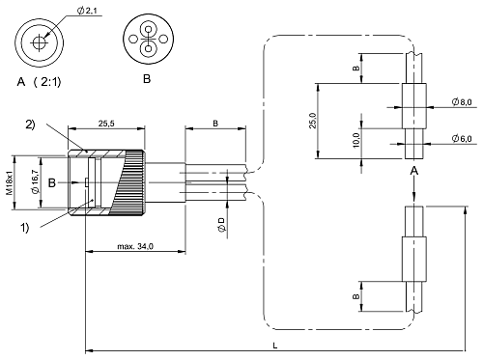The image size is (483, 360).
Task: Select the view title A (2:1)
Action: click(x=43, y=80)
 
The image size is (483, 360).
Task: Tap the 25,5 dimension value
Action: click(x=108, y=122)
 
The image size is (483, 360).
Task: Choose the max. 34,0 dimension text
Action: click(x=131, y=248)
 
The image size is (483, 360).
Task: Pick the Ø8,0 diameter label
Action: click(x=461, y=101)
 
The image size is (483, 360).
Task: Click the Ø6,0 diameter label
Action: click(x=461, y=139)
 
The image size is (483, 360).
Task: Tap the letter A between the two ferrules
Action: click(x=413, y=170)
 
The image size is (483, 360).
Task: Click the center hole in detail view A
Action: click(x=40, y=42)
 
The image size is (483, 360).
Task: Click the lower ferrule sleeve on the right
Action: click(x=413, y=258)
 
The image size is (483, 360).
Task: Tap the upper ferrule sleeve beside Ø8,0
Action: click(x=413, y=100)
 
